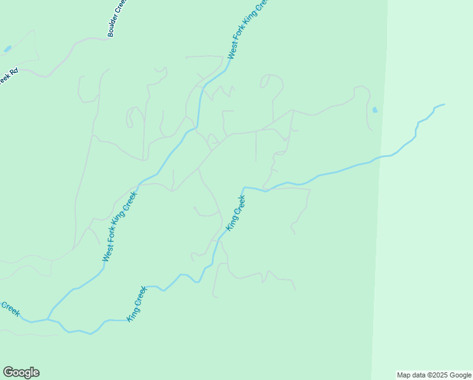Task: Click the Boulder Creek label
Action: (x=118, y=18)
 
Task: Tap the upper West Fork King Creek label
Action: (x=249, y=30)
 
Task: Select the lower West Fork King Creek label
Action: (x=120, y=226)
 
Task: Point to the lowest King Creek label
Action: (x=137, y=304)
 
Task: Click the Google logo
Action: (x=21, y=372)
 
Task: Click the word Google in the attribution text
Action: (x=460, y=375)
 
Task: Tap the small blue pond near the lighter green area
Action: (x=375, y=110)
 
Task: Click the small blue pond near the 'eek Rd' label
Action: (x=8, y=49)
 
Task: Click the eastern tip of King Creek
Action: (x=444, y=104)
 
